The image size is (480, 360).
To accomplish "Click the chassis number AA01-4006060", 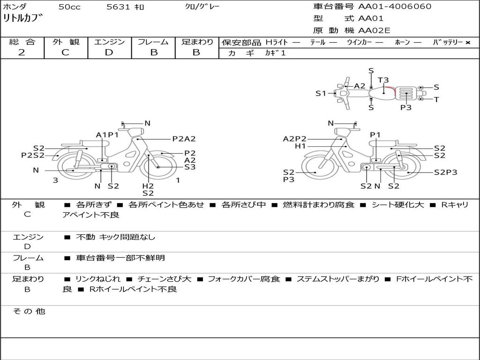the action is (395, 7).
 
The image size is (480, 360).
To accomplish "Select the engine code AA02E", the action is (374, 30).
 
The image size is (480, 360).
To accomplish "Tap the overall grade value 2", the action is (22, 52).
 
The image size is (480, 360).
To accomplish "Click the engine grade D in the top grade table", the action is (109, 52).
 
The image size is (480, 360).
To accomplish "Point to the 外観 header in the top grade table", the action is (66, 42).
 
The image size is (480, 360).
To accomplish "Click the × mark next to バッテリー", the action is (468, 43).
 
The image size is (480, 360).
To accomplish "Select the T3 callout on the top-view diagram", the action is (383, 80).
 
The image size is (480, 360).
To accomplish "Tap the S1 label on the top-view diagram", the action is (321, 93).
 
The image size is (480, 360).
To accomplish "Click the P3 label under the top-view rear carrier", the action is (406, 107).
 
